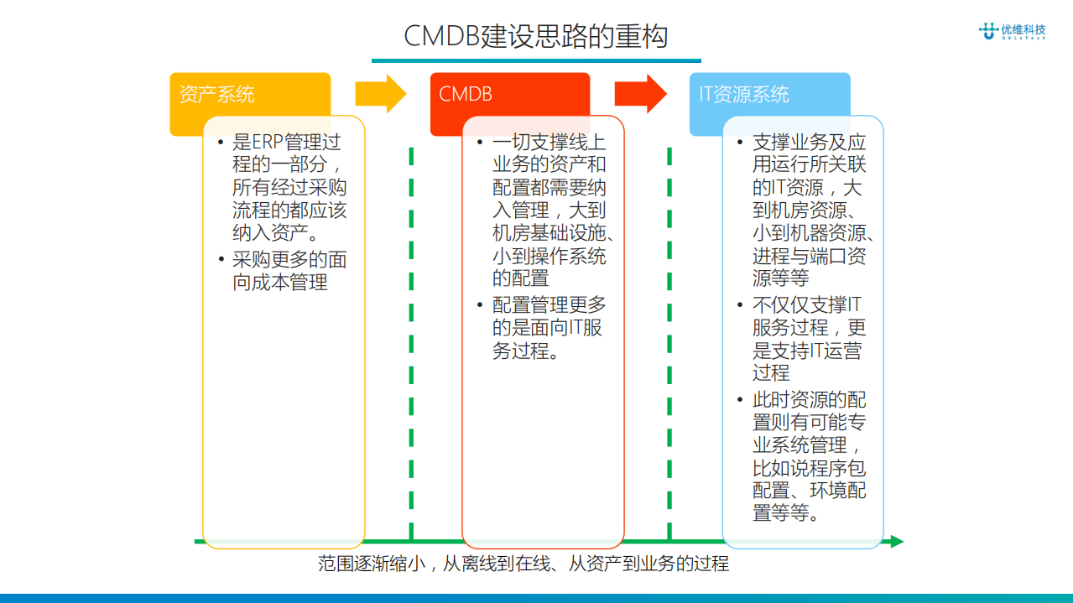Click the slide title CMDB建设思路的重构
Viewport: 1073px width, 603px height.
(535, 37)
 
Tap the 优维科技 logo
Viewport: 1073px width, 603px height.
(1013, 32)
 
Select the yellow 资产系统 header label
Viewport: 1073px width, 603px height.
(216, 94)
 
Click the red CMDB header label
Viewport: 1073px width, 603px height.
(466, 94)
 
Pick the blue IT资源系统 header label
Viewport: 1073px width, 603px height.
(745, 94)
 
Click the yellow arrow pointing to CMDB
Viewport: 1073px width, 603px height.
(380, 93)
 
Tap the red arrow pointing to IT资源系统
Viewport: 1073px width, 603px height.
(640, 93)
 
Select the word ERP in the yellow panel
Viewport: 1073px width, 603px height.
(268, 143)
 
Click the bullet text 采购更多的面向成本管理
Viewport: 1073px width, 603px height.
(289, 271)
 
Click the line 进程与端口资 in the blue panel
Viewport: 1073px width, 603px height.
(809, 256)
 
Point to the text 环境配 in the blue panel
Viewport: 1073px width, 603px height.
(838, 491)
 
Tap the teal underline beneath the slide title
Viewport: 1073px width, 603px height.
(536, 60)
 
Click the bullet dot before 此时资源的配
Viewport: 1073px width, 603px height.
(740, 400)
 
